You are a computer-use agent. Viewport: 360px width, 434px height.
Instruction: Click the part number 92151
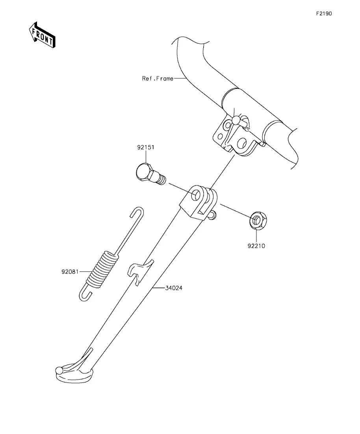(145, 147)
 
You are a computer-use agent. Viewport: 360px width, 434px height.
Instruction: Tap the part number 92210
(256, 246)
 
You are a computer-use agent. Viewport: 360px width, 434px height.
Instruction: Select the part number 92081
(70, 272)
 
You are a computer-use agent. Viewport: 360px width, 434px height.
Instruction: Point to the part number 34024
(174, 288)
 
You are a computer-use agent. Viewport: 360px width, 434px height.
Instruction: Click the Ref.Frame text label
(158, 79)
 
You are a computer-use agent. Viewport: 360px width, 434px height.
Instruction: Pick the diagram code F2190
(324, 13)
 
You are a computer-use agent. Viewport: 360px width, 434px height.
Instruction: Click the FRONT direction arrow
(42, 35)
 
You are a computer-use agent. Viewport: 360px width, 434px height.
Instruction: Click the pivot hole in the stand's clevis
(196, 195)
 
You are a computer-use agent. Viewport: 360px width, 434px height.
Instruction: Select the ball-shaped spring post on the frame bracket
(236, 120)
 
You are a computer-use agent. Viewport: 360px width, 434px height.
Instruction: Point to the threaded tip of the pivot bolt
(161, 179)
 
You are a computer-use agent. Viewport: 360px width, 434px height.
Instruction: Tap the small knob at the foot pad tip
(59, 370)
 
